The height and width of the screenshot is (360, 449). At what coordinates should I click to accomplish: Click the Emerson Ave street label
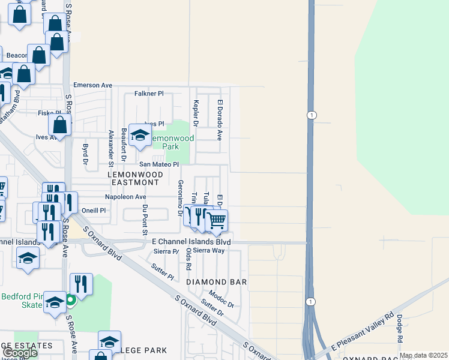point(92,85)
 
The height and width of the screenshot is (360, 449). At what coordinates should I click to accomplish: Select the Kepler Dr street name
point(195,113)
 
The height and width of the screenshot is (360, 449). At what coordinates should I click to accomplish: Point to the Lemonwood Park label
point(172,142)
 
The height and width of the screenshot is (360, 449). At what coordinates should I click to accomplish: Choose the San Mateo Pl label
point(159,164)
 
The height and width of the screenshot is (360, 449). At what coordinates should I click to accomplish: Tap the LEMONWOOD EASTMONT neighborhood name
point(133,178)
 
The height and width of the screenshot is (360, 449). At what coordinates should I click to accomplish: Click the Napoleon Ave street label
point(125,196)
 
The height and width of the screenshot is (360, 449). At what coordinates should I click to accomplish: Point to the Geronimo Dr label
point(180,197)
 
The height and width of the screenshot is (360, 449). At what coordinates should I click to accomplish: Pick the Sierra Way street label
point(208,251)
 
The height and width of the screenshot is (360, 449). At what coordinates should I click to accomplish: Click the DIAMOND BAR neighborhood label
point(217,281)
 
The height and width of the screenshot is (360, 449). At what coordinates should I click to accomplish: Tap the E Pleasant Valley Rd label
point(362,332)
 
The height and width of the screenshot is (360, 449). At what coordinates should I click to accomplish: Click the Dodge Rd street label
point(399,329)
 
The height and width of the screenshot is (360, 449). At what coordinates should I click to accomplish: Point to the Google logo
point(19,353)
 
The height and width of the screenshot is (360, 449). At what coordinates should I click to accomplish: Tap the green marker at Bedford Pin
point(70,299)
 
